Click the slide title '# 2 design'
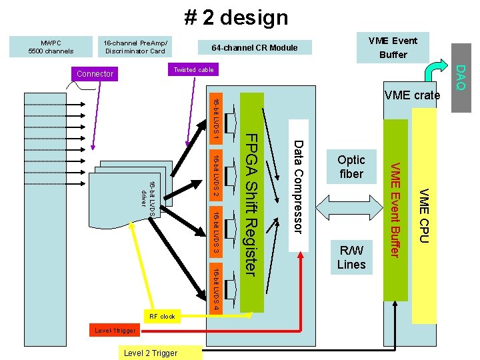tap(237, 17)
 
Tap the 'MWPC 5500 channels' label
tap(51, 47)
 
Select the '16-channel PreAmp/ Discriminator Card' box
tap(135, 47)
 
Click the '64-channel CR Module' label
tap(254, 47)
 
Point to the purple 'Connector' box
tap(95, 73)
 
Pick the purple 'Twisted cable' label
tap(193, 70)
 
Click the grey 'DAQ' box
tap(460, 77)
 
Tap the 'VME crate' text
tap(412, 95)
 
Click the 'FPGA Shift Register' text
tap(250, 203)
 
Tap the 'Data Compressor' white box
tap(298, 186)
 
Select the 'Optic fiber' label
tap(351, 167)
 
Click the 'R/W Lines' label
tap(351, 257)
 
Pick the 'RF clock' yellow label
tap(162, 317)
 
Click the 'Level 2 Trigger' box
tap(151, 353)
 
